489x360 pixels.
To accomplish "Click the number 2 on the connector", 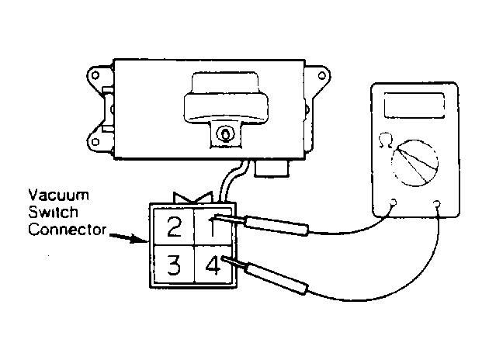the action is point(174,227).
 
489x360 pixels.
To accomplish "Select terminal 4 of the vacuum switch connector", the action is point(213,265).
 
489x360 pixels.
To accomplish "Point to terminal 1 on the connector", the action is point(212,227).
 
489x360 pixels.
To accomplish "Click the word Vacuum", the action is point(59,196).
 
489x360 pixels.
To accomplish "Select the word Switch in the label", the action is point(53,213).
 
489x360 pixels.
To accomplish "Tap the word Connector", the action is point(68,230).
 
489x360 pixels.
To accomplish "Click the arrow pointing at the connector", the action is point(129,238).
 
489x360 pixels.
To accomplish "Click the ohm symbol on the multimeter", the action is point(386,140).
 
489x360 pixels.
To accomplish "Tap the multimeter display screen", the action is point(414,106).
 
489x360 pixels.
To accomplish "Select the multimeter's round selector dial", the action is point(415,163).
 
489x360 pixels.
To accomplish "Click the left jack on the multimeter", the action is point(394,203).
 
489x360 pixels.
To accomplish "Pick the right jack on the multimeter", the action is point(437,204).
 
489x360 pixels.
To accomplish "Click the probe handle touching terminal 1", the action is point(277,226).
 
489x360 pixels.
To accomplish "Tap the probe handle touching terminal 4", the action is point(276,278).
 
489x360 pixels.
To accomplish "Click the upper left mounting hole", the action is point(95,75).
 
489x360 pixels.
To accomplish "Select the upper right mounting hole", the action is point(322,75).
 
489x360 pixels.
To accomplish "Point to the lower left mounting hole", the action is point(95,142).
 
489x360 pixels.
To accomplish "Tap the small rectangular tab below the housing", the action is point(272,168).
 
